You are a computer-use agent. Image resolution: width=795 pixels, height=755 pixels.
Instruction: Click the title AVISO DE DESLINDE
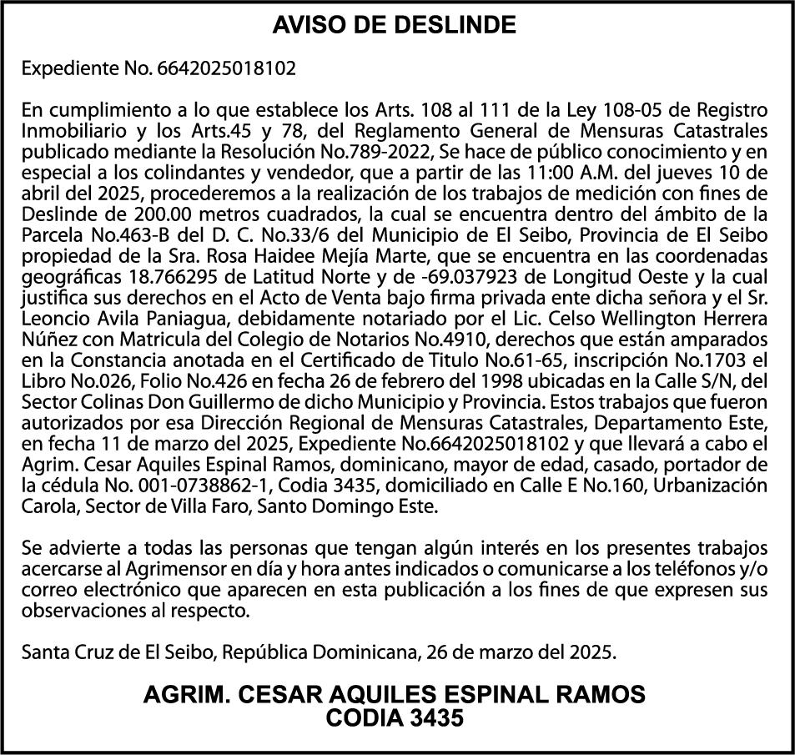click(395, 26)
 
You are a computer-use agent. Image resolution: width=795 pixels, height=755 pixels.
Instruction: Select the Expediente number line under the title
click(158, 68)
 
